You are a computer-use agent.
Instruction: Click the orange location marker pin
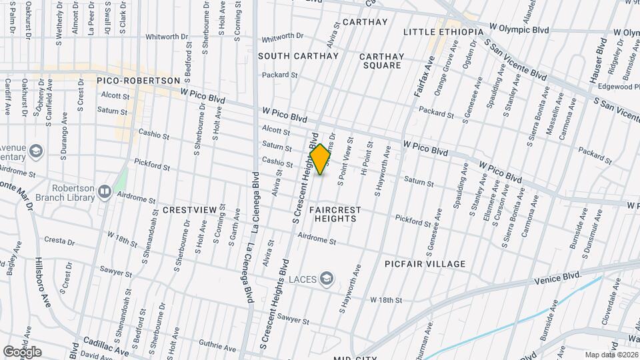click(x=320, y=159)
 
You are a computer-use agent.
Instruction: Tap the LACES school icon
click(x=327, y=277)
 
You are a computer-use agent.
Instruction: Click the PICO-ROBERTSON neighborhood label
click(x=139, y=81)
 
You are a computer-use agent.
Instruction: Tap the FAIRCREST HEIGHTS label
click(x=335, y=214)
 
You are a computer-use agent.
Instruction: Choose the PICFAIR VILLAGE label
click(x=425, y=264)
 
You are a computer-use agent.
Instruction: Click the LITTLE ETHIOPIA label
click(x=443, y=32)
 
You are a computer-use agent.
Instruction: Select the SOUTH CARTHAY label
click(x=299, y=56)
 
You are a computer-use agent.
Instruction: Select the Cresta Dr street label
click(x=59, y=239)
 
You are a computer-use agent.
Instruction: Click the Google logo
click(x=22, y=352)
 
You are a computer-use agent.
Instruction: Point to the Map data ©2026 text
click(x=611, y=355)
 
